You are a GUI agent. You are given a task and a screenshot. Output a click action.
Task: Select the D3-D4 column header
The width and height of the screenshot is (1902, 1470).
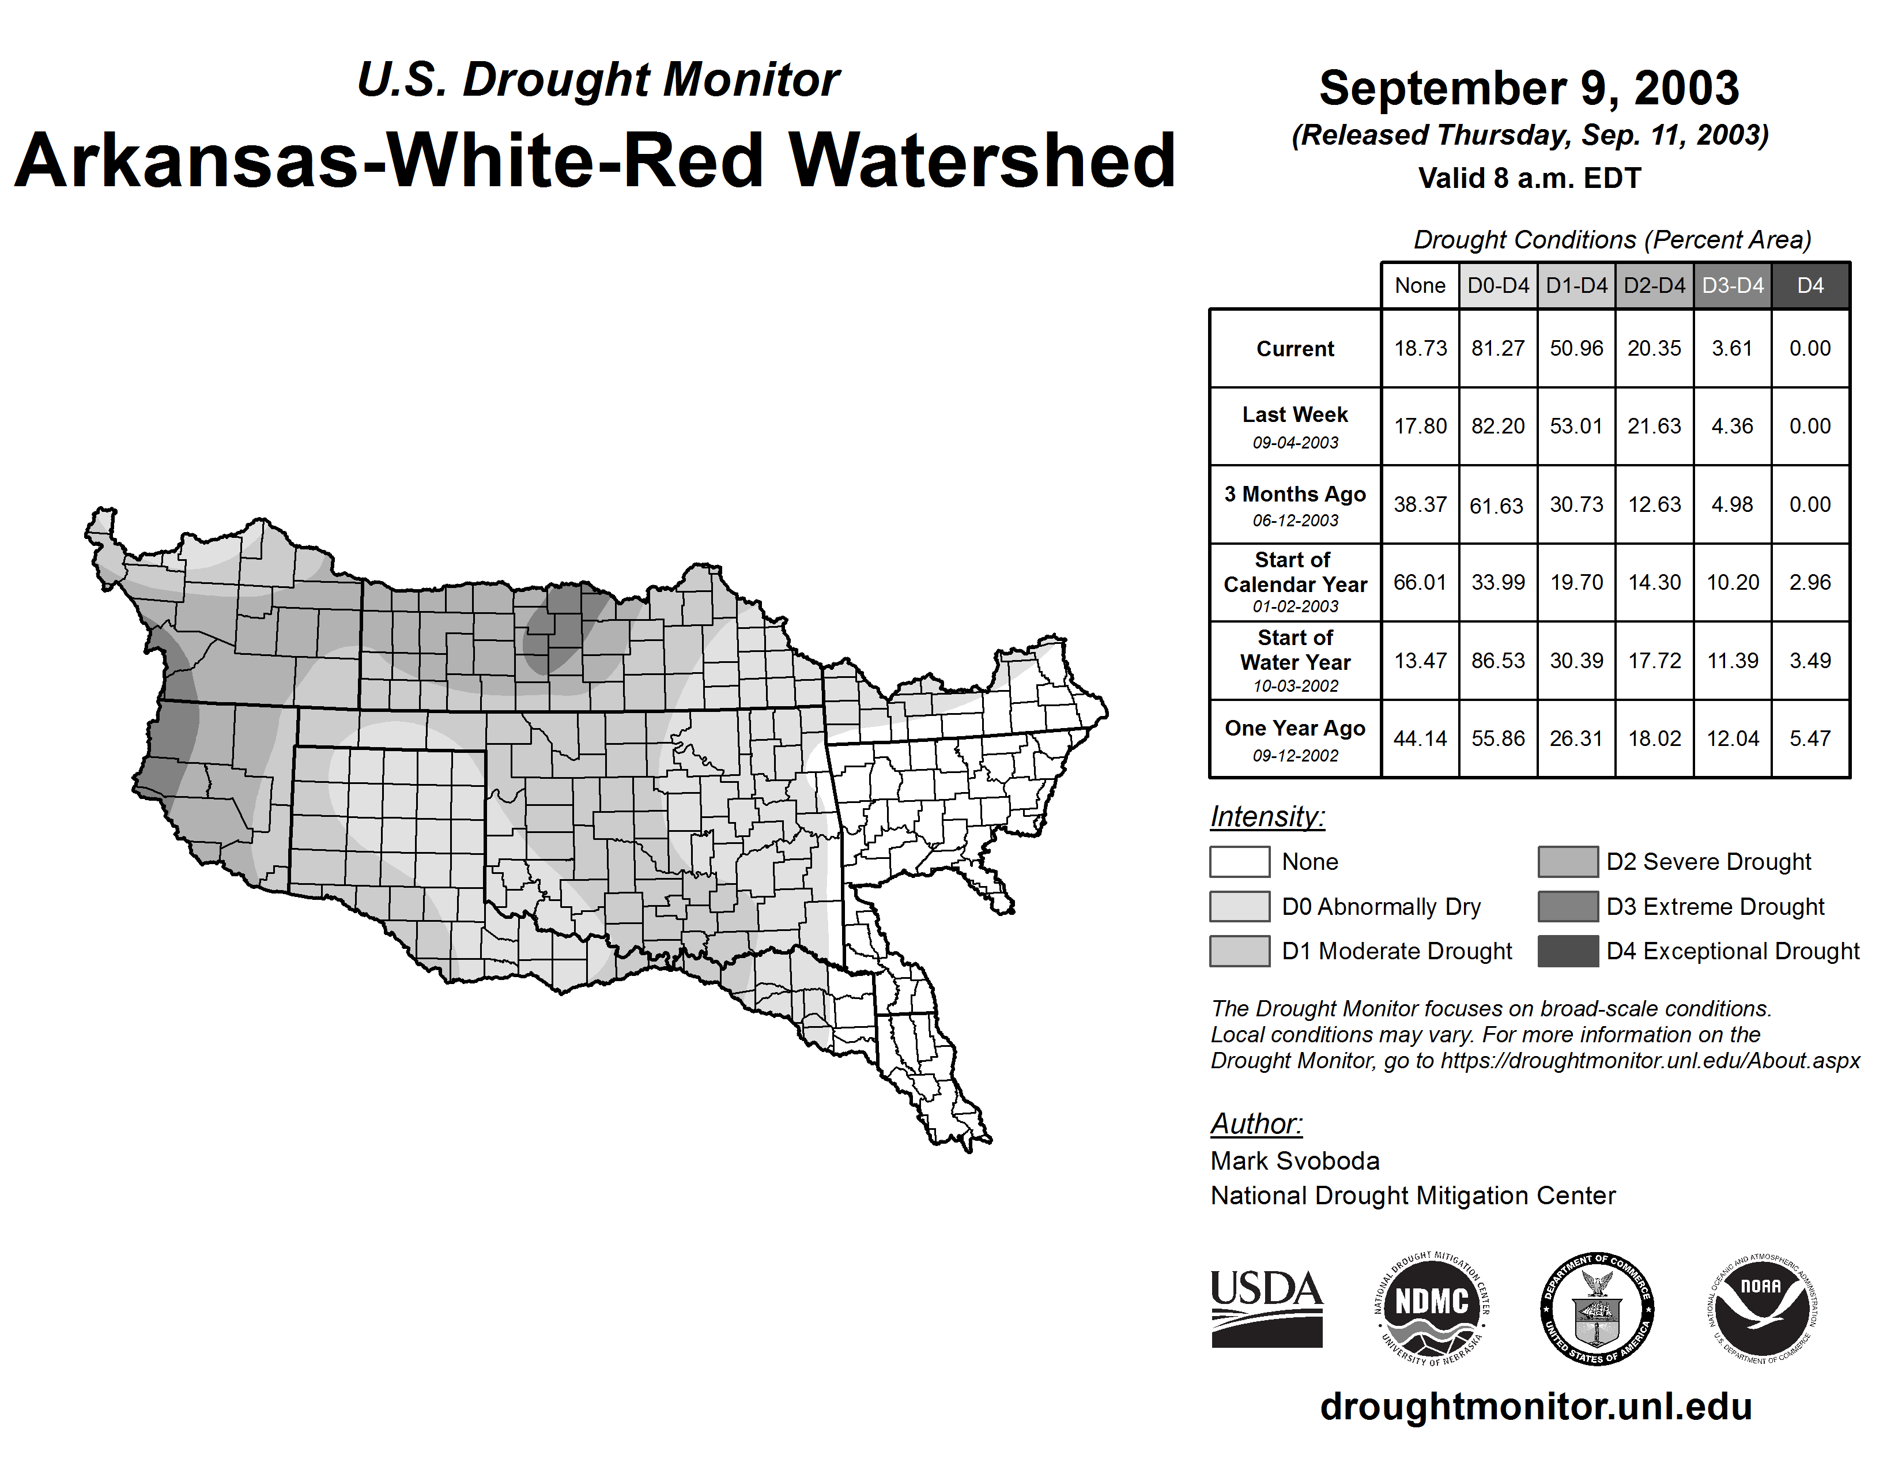pyautogui.click(x=1732, y=285)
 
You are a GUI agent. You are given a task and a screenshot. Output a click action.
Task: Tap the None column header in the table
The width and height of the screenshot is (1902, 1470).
pyautogui.click(x=1420, y=285)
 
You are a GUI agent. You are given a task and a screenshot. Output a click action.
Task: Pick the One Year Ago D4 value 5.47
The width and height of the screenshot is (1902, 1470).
pyautogui.click(x=1810, y=738)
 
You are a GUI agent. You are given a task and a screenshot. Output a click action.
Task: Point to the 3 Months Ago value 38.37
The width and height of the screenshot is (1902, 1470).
pyautogui.click(x=1420, y=504)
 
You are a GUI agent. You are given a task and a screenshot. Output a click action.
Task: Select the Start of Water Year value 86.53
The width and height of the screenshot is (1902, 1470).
pyautogui.click(x=1498, y=661)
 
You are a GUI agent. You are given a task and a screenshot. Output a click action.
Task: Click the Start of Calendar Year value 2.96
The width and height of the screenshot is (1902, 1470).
pyautogui.click(x=1810, y=582)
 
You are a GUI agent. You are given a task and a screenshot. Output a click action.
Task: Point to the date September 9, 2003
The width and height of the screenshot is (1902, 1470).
pyautogui.click(x=1529, y=88)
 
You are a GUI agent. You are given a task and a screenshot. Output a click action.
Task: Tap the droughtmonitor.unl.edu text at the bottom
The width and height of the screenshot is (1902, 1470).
pyautogui.click(x=1535, y=1407)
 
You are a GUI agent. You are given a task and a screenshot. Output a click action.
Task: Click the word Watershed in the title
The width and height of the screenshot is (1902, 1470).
pyautogui.click(x=982, y=161)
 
